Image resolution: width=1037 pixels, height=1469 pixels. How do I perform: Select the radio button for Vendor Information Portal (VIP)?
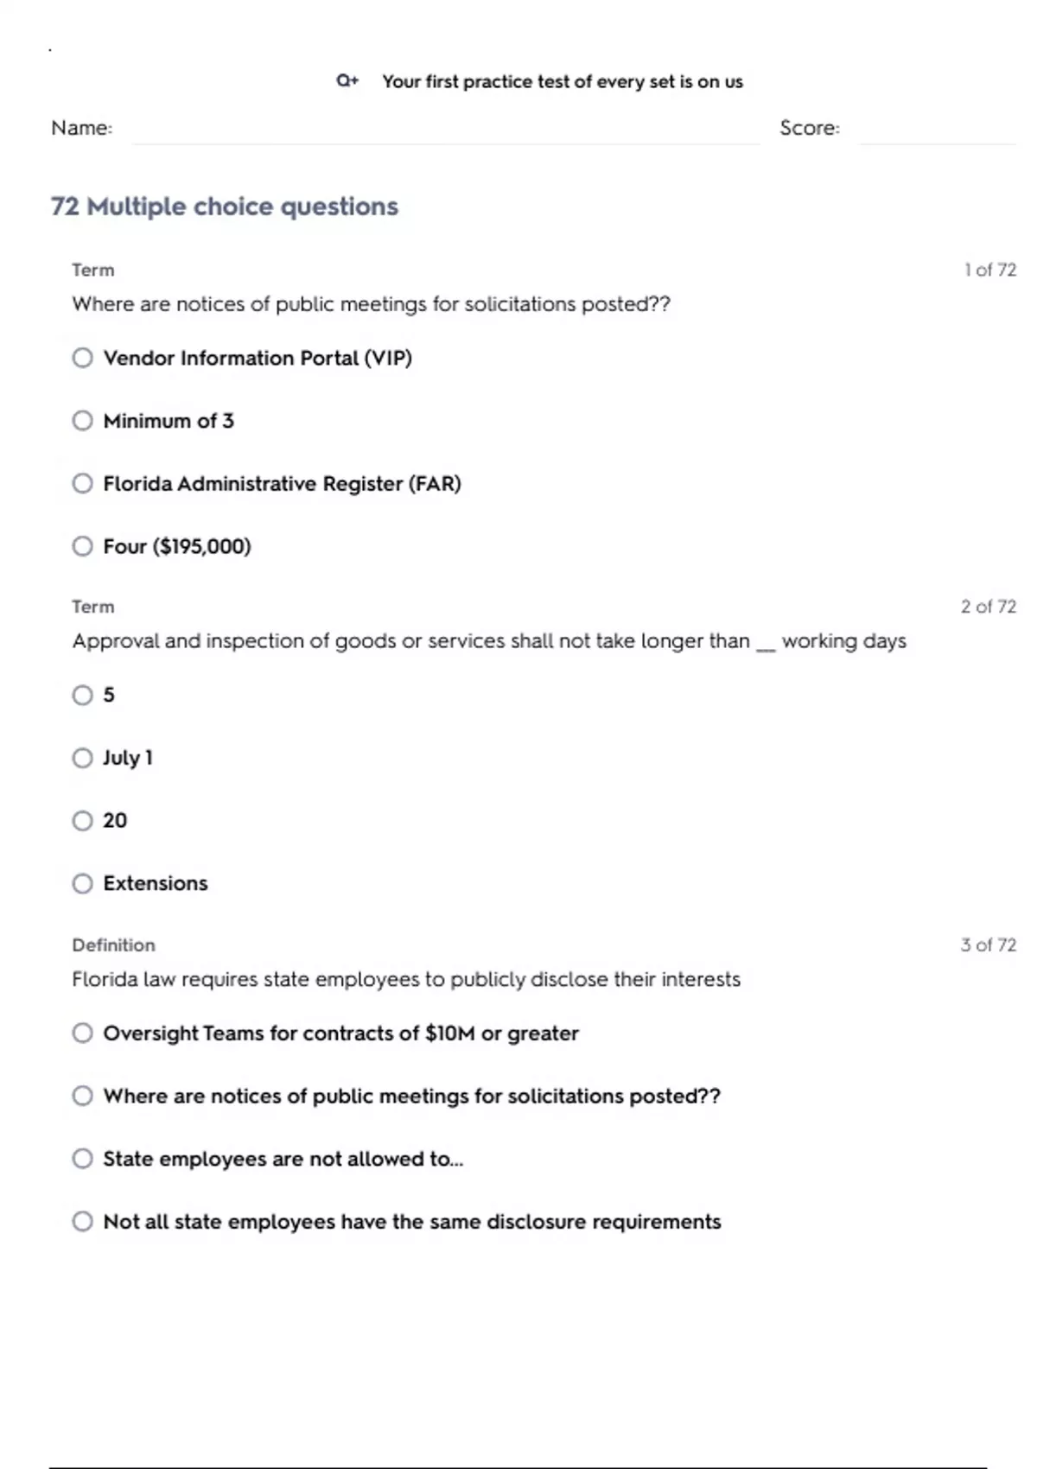click(82, 358)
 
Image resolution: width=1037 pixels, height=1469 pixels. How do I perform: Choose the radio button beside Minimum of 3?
click(82, 421)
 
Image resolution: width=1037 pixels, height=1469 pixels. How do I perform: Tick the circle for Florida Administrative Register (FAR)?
click(82, 483)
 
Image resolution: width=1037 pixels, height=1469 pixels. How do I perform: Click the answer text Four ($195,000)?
click(176, 546)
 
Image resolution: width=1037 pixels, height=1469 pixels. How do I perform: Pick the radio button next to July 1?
click(82, 758)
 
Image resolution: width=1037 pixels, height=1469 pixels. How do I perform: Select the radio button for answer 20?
click(82, 821)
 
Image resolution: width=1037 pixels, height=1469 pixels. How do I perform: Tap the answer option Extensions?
click(156, 883)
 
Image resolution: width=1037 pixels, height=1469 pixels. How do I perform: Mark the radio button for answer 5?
click(82, 695)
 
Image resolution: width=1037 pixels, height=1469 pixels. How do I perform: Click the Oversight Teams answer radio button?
click(82, 1033)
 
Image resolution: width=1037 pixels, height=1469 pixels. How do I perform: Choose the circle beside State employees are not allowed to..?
click(82, 1159)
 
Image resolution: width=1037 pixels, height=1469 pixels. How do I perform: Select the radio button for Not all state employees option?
click(82, 1222)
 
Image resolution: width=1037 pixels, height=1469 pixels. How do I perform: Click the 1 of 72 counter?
click(989, 270)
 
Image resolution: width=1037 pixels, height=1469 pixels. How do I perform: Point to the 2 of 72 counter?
click(988, 607)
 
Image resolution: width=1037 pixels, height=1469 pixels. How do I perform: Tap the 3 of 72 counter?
click(988, 944)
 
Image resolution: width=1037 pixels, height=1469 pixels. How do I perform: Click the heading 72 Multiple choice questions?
click(225, 207)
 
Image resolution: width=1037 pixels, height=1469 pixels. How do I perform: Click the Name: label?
click(81, 128)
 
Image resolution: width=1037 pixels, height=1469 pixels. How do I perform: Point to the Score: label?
click(809, 128)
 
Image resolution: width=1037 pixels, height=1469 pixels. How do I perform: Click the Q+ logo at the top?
click(347, 80)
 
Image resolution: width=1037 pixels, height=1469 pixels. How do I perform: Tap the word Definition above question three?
click(113, 944)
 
